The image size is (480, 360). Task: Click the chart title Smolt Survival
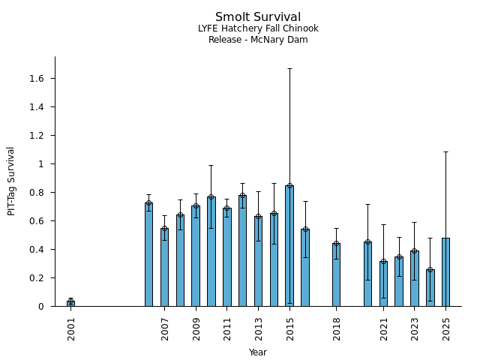[x=258, y=17]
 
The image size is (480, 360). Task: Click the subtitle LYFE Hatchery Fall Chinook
[x=258, y=28]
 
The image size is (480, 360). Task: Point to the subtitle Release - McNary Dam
[x=258, y=40]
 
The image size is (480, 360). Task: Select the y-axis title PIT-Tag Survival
[x=11, y=181]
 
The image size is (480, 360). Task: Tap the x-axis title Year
[x=258, y=352]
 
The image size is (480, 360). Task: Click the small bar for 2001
[x=70, y=303]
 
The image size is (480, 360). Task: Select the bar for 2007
[x=164, y=267]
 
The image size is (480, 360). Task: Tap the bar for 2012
[x=242, y=250]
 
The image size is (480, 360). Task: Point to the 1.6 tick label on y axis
[x=35, y=79]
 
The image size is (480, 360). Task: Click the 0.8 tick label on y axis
[x=35, y=193]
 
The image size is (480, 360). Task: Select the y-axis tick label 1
[x=41, y=164]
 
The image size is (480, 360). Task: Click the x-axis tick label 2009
[x=196, y=328]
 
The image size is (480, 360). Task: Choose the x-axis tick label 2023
[x=415, y=328]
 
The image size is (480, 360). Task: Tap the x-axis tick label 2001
[x=71, y=328]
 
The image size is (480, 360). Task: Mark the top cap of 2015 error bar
[x=289, y=68]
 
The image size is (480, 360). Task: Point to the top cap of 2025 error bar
[x=445, y=151]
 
